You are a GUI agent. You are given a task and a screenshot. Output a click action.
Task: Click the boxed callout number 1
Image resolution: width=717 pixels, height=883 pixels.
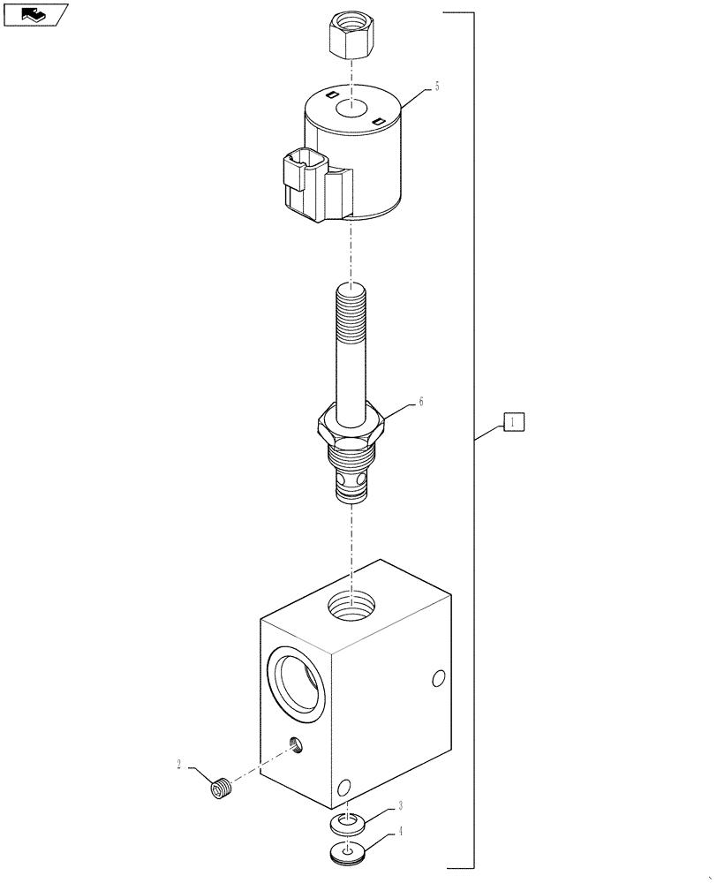515,422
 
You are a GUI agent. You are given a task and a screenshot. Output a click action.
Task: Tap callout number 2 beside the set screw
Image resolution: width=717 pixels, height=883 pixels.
179,766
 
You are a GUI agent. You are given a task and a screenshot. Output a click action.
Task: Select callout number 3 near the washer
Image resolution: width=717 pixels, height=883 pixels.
400,805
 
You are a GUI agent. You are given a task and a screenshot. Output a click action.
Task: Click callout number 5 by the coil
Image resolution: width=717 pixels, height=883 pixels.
436,87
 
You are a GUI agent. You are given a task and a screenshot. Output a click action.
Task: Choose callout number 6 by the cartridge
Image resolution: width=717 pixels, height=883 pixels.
421,402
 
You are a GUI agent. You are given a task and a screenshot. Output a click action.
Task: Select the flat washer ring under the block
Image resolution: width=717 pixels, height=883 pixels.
351,823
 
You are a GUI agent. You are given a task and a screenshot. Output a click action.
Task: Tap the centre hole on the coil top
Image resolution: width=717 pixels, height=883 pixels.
351,109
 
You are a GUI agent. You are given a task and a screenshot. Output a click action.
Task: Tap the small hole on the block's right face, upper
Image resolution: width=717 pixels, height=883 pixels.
436,678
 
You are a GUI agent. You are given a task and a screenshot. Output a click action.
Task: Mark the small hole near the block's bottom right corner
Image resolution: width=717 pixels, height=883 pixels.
345,785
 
